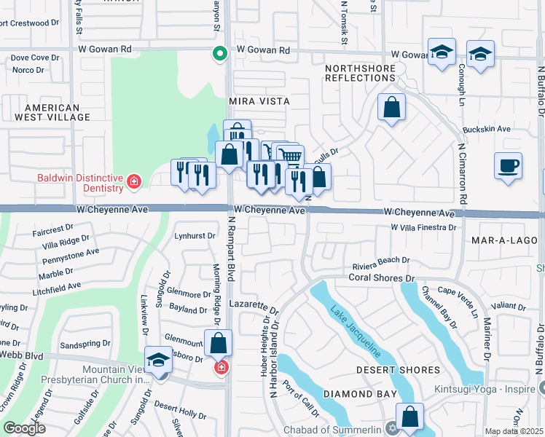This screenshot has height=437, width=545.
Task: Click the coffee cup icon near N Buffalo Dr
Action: point(508,165)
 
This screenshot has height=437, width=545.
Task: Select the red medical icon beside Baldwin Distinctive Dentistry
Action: point(133,181)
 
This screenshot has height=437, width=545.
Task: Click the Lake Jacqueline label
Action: point(356,332)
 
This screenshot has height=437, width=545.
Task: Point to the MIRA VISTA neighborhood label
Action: point(259,101)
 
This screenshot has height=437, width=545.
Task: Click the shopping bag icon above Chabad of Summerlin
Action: point(410,417)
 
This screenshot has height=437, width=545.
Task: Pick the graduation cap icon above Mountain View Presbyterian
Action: point(158,360)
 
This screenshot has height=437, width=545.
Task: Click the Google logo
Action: point(24,428)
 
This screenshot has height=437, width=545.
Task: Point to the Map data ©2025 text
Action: point(514,431)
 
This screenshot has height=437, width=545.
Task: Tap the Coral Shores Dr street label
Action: point(381,277)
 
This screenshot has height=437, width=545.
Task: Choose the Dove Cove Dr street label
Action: point(34,58)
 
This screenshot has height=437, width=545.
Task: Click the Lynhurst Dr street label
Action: point(195,236)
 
